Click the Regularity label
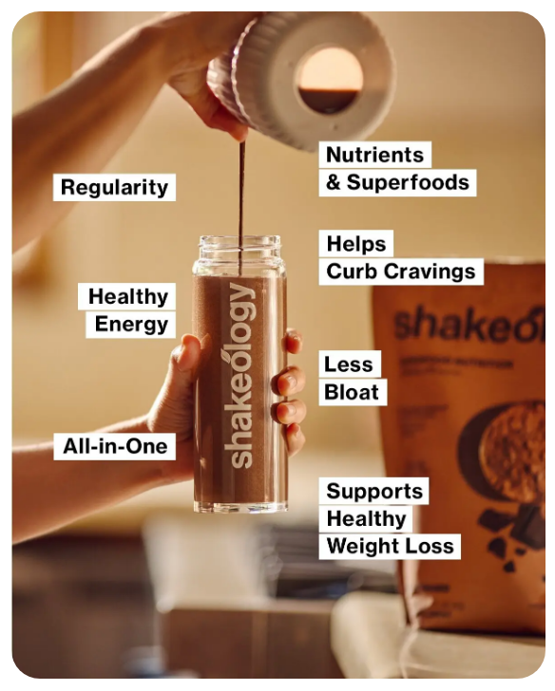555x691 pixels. point(114,187)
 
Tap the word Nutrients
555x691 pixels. point(374,155)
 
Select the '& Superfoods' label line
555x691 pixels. point(398,182)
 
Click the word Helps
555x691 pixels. point(356,243)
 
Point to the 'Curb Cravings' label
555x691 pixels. point(400,271)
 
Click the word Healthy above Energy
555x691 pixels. point(127,296)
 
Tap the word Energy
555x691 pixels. point(131,325)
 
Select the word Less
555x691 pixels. point(349,364)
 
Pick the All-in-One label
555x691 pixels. point(115,445)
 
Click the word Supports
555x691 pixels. point(374,491)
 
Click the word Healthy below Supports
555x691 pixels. point(366,518)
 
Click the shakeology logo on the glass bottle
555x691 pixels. point(241,375)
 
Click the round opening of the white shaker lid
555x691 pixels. point(329,80)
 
